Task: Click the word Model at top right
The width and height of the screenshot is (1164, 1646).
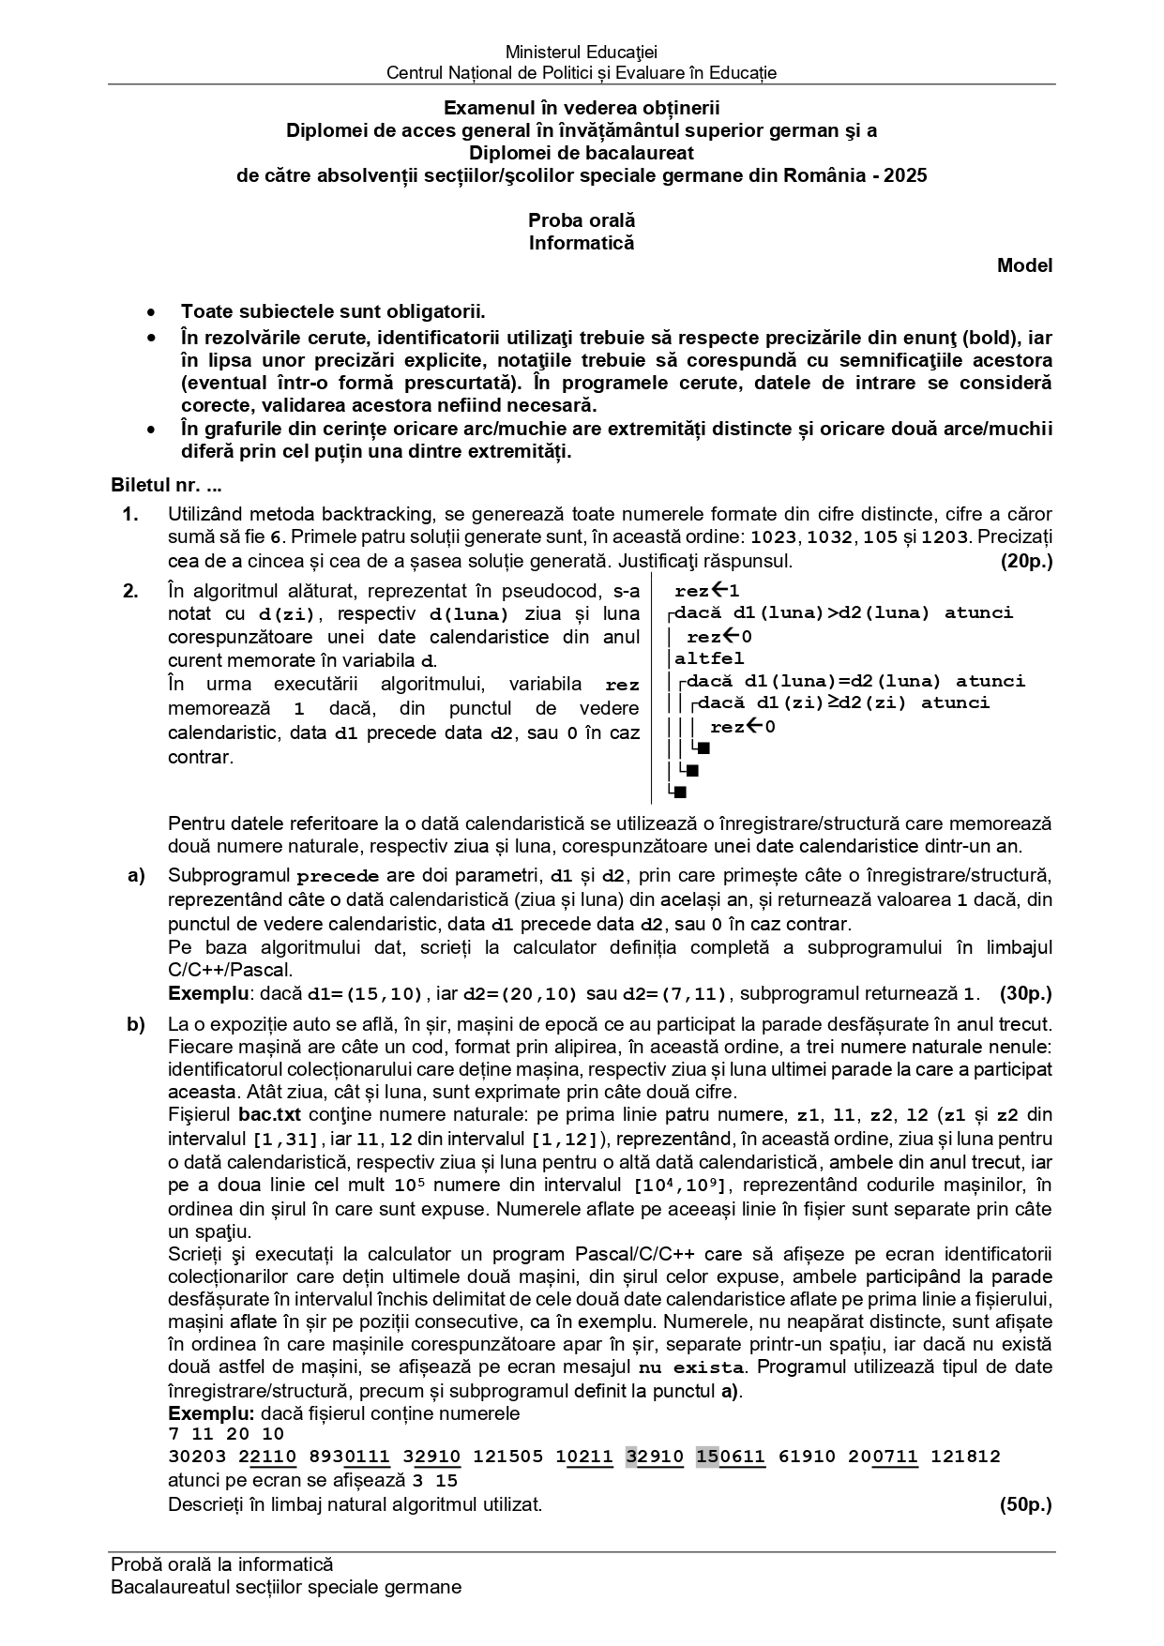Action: [1024, 265]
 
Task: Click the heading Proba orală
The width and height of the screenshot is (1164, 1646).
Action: [582, 220]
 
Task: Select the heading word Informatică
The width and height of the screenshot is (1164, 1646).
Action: [582, 243]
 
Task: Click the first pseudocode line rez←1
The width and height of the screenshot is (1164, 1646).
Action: [707, 591]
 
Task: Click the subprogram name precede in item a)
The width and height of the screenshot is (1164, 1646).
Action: [338, 877]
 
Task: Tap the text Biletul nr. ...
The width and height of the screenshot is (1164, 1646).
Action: [154, 487]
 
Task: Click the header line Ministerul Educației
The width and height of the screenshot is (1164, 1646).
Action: [582, 53]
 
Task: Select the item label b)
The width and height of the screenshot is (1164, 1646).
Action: [136, 1024]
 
